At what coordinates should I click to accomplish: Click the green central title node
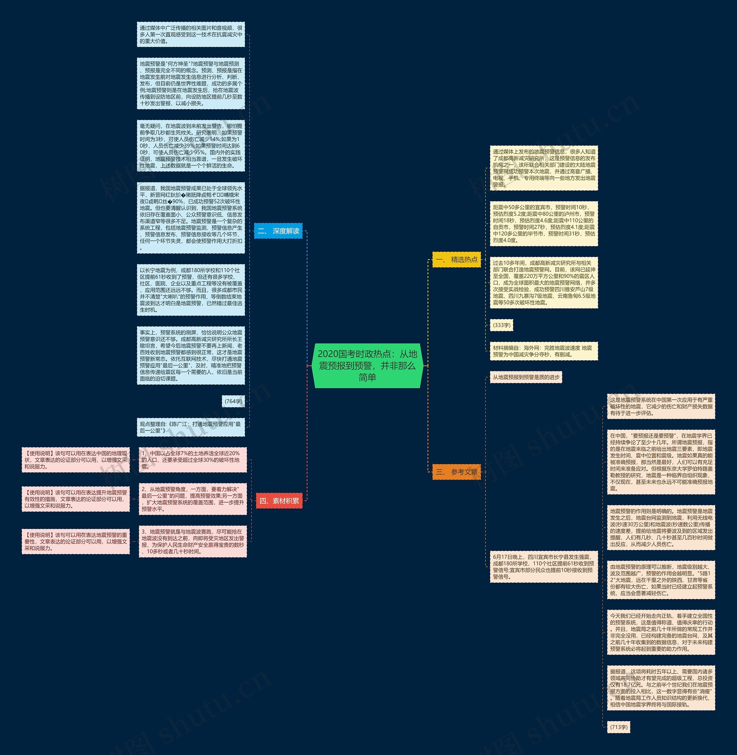click(x=367, y=365)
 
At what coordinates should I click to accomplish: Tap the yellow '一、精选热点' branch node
click(x=456, y=259)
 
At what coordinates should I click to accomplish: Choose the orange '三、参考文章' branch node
click(x=456, y=472)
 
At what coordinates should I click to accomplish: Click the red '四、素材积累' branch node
click(x=279, y=501)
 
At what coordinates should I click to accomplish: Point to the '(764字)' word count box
click(x=233, y=401)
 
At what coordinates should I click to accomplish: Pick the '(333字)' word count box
click(x=501, y=325)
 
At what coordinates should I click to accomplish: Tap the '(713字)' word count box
click(x=619, y=727)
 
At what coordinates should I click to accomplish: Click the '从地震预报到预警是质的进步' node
click(x=526, y=377)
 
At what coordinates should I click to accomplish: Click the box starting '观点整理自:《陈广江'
click(x=191, y=427)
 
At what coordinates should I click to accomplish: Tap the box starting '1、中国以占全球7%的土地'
click(x=192, y=460)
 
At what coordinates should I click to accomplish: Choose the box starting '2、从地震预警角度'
click(x=192, y=499)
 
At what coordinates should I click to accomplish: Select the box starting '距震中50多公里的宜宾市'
click(x=544, y=224)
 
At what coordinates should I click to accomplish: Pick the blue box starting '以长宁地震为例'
click(x=191, y=290)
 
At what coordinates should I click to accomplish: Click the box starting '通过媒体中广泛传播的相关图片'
click(x=191, y=35)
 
